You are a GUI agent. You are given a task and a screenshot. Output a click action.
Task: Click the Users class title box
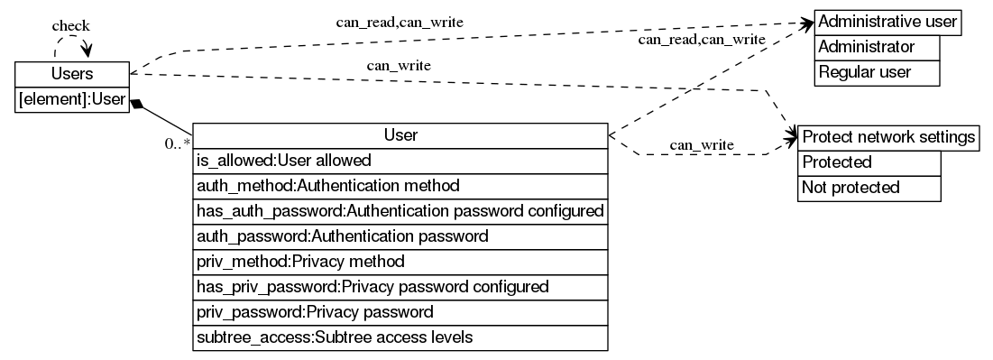pyautogui.click(x=72, y=74)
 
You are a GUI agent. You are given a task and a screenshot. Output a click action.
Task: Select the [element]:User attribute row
pyautogui.click(x=72, y=99)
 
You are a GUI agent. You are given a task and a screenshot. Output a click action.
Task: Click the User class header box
pyautogui.click(x=400, y=135)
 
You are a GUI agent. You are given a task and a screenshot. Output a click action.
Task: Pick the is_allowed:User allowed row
pyautogui.click(x=400, y=161)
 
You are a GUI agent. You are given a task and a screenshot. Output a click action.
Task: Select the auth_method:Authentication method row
pyautogui.click(x=400, y=186)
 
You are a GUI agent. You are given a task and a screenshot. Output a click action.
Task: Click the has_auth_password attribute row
pyautogui.click(x=400, y=211)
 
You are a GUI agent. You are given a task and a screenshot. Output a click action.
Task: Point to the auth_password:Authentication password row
pyautogui.click(x=400, y=236)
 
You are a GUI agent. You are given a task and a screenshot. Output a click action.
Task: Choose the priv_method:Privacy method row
pyautogui.click(x=400, y=262)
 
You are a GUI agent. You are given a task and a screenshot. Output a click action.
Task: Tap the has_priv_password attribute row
pyautogui.click(x=400, y=287)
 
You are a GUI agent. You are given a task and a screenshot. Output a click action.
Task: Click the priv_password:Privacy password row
pyautogui.click(x=400, y=312)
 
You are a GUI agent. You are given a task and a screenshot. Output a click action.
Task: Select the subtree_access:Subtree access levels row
pyautogui.click(x=400, y=337)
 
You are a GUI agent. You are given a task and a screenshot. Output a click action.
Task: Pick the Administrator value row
pyautogui.click(x=877, y=47)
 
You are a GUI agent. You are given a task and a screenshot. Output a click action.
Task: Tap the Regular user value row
pyautogui.click(x=877, y=72)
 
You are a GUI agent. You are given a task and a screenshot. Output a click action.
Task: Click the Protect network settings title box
pyautogui.click(x=887, y=137)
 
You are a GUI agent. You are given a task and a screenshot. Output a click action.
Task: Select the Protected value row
pyautogui.click(x=869, y=162)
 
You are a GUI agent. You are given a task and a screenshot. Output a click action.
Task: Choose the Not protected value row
pyautogui.click(x=869, y=188)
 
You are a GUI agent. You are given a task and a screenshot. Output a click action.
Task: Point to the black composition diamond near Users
pyautogui.click(x=136, y=104)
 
